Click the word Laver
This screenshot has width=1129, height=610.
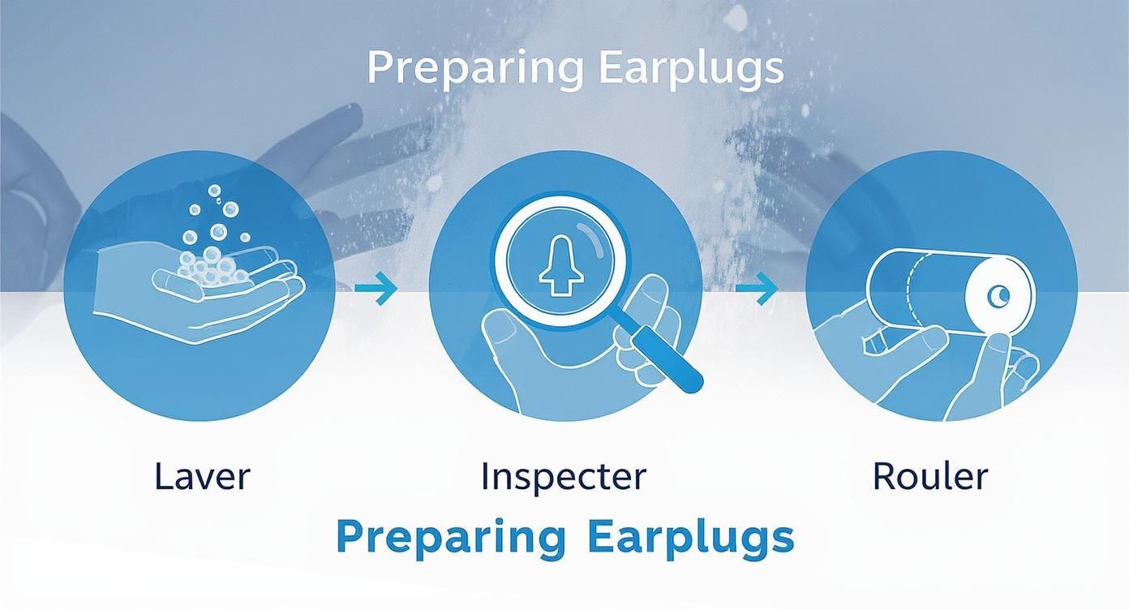click(202, 475)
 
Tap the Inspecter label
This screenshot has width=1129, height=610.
click(564, 475)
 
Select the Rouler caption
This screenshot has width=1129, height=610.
click(930, 475)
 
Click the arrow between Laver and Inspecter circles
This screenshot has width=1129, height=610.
click(376, 288)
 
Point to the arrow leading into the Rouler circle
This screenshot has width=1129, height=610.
click(757, 288)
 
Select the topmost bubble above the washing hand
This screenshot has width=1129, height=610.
click(215, 191)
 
